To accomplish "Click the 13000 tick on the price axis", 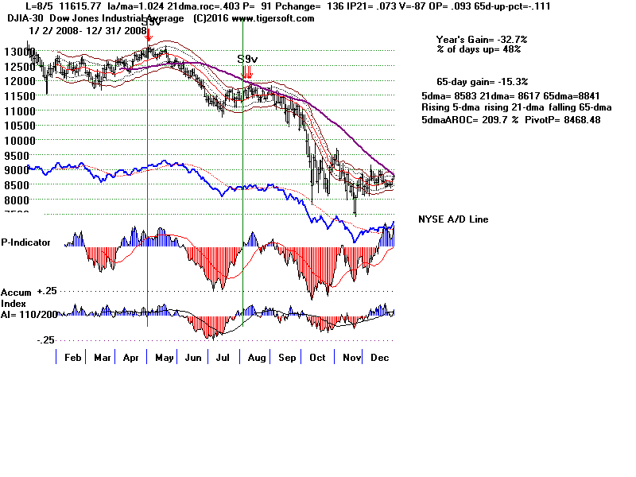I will point(14,52).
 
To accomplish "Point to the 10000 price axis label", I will point(14,140).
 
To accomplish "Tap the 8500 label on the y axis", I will point(14,184).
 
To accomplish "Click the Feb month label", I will point(72,359).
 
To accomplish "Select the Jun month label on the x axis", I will point(193,359).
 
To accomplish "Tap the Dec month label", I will point(378,359).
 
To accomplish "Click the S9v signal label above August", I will point(248,60).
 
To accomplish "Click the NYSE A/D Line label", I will point(453,219).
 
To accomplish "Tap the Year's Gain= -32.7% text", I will point(481,39).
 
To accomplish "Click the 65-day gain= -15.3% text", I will point(483,81).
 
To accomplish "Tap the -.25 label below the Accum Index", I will point(45,339).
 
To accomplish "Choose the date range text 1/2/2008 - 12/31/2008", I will point(87,29).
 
